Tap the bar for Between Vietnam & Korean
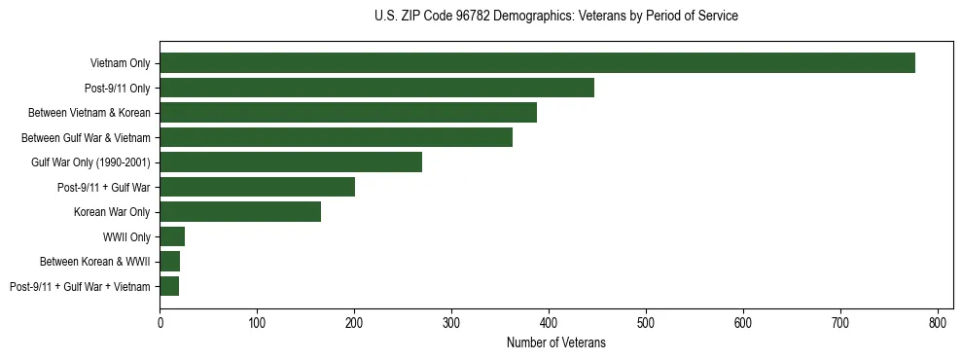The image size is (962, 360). [x=348, y=113]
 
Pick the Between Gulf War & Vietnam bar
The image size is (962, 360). [x=336, y=137]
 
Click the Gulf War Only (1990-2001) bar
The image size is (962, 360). [x=291, y=162]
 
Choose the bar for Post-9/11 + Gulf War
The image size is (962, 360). [x=257, y=187]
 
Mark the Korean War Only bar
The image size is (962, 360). [x=240, y=211]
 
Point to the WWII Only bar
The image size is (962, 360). [x=172, y=236]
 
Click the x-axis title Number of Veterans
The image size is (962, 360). [x=555, y=342]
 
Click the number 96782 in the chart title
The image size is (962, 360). [x=473, y=17]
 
